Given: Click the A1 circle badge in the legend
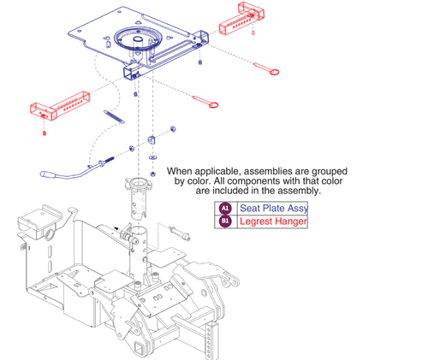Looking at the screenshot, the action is pos(225,209).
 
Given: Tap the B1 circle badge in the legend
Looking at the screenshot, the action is pos(225,221).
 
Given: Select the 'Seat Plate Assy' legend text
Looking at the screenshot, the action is pos(274,209).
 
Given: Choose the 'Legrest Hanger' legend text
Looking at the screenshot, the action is pos(273,221).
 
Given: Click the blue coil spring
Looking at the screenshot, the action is pos(114,117).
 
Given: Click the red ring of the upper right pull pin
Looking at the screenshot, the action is pos(275,72).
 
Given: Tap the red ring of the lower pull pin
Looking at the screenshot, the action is pos(214,105).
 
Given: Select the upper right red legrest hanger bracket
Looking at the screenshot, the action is pos(241,19).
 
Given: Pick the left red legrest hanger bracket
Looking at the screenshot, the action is pos(60,106).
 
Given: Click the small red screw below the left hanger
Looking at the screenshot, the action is pos(45,133).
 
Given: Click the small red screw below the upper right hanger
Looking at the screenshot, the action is pos(253,32).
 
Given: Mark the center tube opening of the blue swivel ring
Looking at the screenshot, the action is pos(138,39).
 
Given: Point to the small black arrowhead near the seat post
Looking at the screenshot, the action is pos(116,228).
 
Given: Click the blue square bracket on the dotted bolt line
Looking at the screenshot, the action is pos(152,140).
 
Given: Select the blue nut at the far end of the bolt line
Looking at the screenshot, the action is pos(173,129).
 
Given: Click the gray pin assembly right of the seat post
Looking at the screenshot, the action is pos(179,233).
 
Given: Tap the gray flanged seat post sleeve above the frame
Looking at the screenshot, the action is pos(138,198).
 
